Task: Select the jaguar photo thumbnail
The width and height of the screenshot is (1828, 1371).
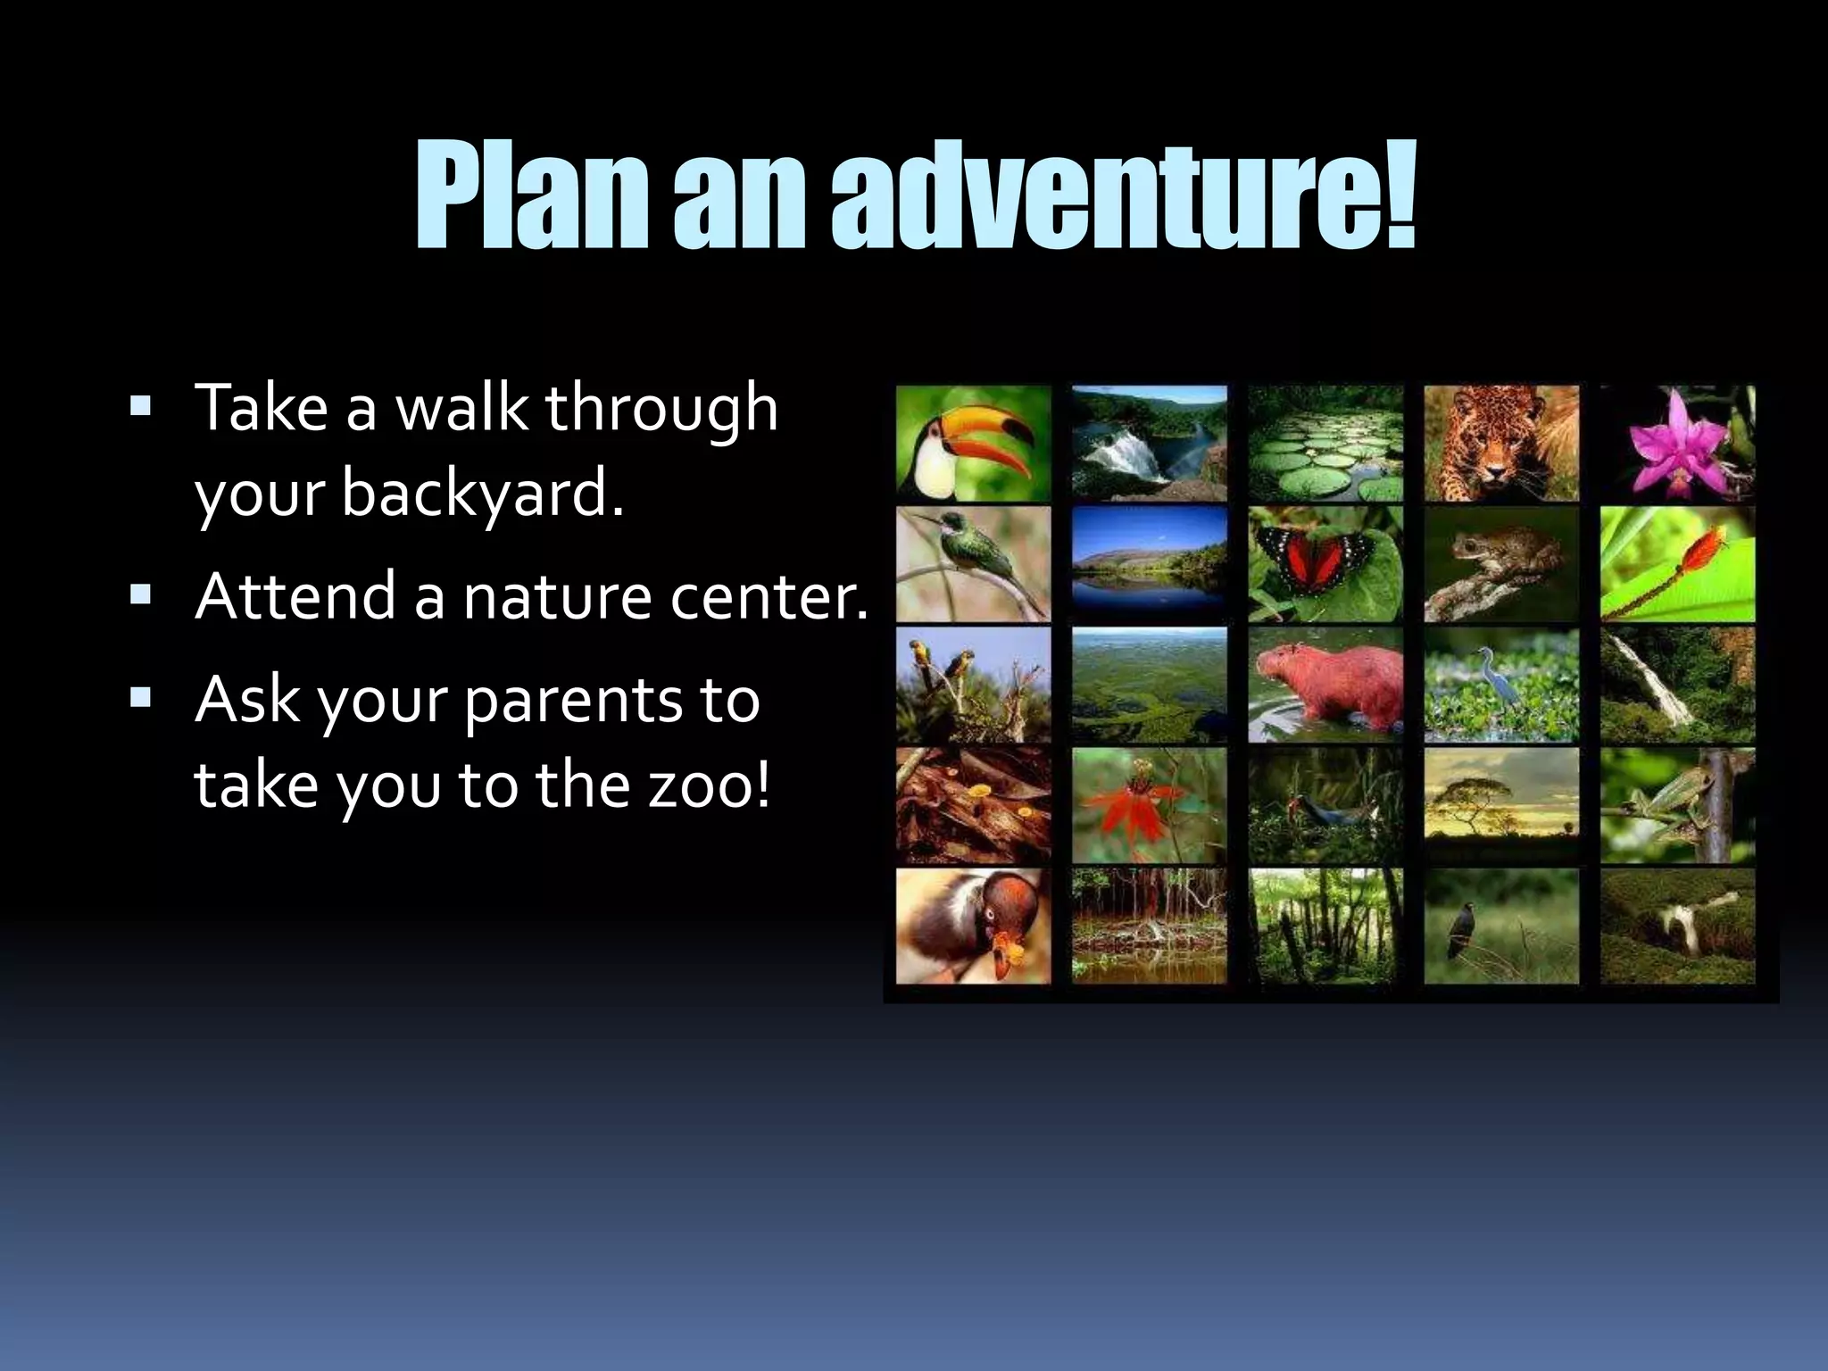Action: [1500, 444]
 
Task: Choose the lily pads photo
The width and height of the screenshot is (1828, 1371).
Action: [1325, 444]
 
